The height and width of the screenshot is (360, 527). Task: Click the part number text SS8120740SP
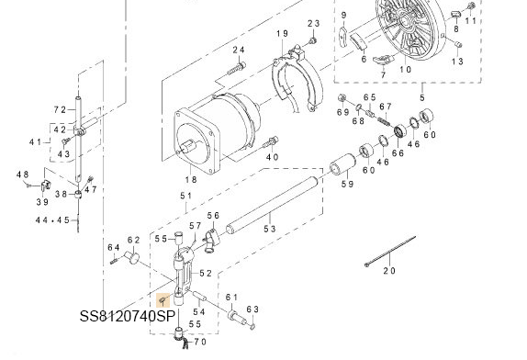[127, 315]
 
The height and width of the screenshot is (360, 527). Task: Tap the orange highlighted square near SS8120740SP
[163, 299]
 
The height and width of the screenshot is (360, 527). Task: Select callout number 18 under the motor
[191, 180]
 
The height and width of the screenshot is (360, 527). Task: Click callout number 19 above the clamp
[281, 34]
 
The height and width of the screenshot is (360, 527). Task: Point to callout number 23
[312, 23]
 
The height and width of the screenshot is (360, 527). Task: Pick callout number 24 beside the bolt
[238, 50]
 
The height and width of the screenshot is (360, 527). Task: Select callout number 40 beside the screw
[272, 157]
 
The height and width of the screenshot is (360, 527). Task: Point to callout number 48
[23, 174]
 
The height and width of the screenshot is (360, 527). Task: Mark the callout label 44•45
[52, 220]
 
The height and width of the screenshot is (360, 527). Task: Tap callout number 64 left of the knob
[113, 247]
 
